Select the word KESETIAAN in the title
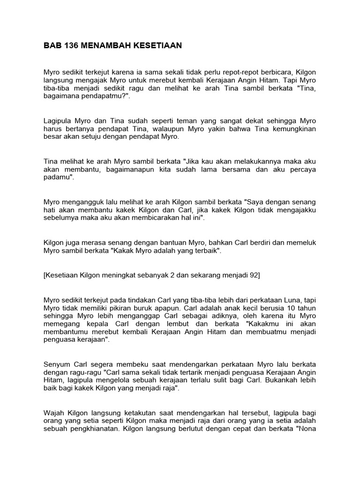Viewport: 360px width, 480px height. click(x=155, y=45)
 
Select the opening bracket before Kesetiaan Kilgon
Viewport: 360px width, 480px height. click(x=45, y=275)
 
